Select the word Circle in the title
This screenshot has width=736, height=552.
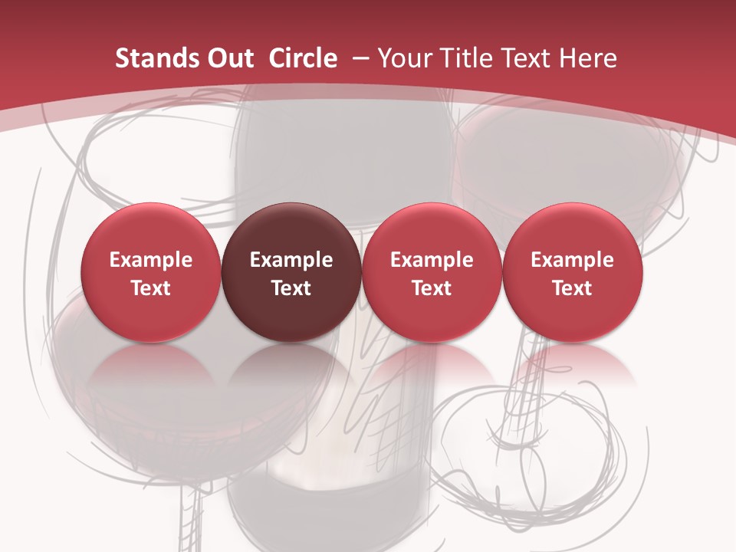(x=303, y=58)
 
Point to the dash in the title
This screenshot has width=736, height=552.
(x=358, y=58)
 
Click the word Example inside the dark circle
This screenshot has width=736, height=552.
(x=291, y=260)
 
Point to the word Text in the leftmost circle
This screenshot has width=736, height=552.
(x=151, y=288)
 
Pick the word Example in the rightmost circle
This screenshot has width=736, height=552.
(x=573, y=260)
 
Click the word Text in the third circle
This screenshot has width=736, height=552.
(x=432, y=288)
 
